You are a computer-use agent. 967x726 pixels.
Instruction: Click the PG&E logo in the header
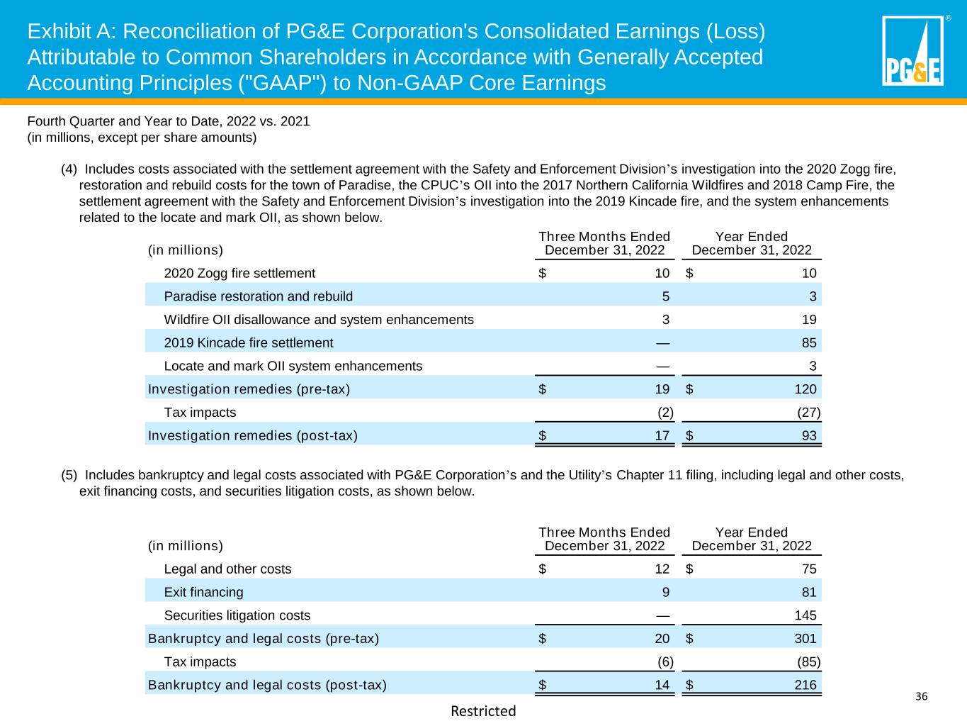click(x=912, y=50)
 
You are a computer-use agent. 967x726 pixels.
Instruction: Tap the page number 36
click(x=921, y=697)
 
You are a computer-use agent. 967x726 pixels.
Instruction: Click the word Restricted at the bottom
click(x=483, y=711)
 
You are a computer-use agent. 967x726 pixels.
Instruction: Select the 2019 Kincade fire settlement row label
click(x=248, y=343)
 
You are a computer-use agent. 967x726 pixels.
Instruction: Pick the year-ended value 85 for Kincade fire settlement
click(x=808, y=343)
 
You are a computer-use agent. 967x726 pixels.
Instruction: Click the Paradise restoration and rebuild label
click(x=258, y=296)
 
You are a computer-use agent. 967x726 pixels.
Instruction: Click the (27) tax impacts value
click(x=809, y=413)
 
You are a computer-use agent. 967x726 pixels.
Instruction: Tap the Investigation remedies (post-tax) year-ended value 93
click(x=808, y=436)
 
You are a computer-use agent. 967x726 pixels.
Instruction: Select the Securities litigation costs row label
click(x=237, y=615)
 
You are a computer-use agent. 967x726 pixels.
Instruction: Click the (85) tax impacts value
click(x=809, y=662)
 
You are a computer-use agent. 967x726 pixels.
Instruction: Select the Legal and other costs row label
click(x=227, y=569)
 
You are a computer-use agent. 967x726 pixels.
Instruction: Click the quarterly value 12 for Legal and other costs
click(x=662, y=569)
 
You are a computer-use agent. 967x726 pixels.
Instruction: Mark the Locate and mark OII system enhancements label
click(x=293, y=367)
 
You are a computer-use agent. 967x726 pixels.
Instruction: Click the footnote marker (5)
click(x=69, y=475)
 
